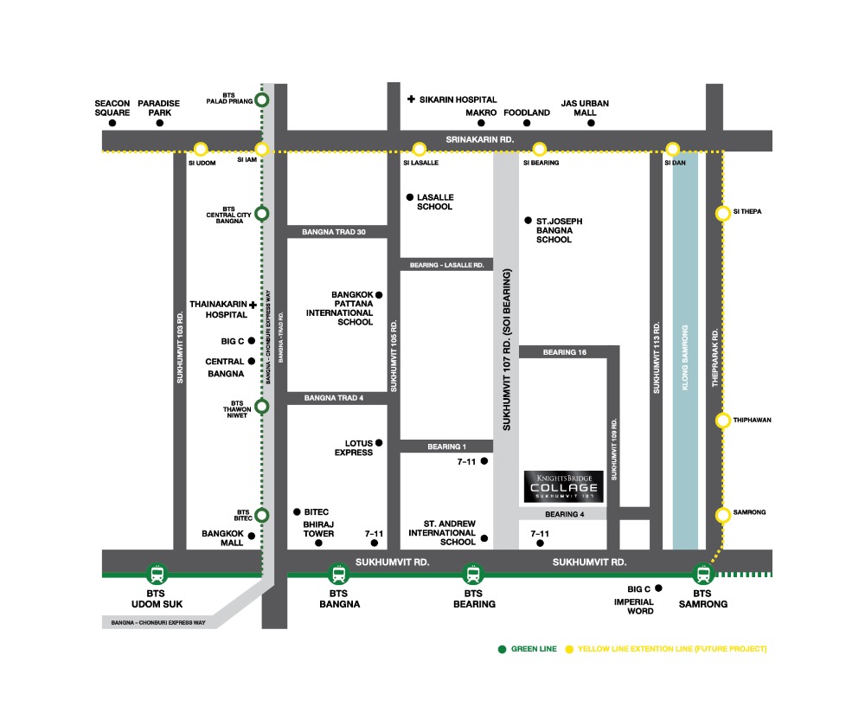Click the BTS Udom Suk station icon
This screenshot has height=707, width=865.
[157, 573]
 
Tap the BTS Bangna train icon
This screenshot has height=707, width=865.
[337, 573]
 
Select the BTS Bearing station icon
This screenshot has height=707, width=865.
[472, 573]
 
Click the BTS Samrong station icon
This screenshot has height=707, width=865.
[702, 573]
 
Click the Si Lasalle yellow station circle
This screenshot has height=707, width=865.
[420, 149]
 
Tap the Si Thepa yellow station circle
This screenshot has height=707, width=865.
[722, 214]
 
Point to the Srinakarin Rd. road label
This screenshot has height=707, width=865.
[479, 139]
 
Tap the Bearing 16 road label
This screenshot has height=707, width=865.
[565, 352]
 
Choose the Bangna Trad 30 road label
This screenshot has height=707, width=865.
[334, 232]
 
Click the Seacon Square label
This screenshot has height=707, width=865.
[112, 108]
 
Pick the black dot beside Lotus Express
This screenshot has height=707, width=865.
[379, 444]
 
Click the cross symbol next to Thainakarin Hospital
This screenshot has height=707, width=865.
[253, 305]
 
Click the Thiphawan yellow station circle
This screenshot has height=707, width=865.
[722, 421]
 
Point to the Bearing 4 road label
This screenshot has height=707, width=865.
[565, 514]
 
